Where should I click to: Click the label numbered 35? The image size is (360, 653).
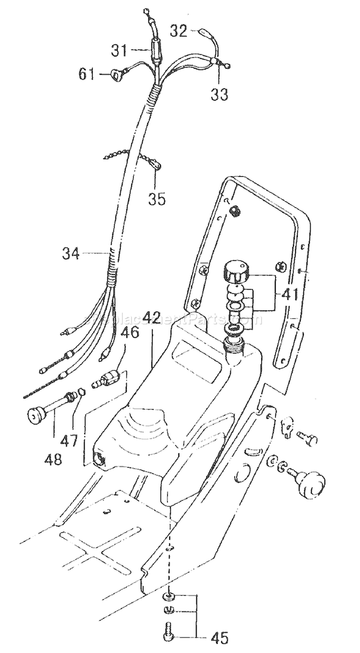(156, 198)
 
